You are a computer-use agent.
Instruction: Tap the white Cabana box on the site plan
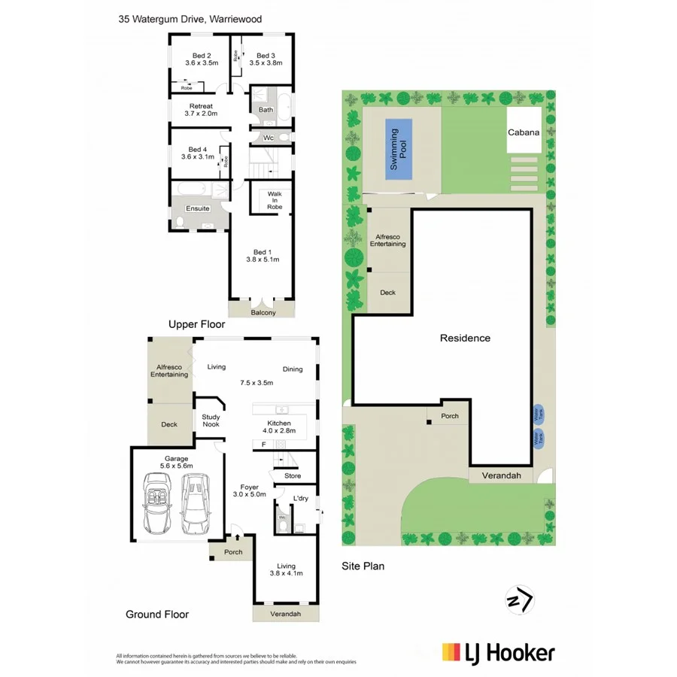(524, 132)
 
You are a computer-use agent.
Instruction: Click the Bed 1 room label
(262, 255)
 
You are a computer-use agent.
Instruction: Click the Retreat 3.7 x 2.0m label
(202, 110)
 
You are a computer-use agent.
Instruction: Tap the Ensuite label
(197, 208)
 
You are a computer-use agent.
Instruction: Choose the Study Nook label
(211, 420)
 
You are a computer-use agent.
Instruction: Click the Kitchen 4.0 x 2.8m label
(279, 427)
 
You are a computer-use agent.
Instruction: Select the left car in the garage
(159, 502)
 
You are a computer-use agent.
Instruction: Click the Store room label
(293, 475)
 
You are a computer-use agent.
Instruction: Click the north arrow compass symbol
(519, 600)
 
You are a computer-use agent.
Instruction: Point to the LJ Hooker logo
(498, 652)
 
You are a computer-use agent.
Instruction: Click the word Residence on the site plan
(465, 338)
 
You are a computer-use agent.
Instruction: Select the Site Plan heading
(363, 566)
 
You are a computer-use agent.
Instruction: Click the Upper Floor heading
(196, 323)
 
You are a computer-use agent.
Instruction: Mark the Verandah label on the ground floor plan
(285, 615)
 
